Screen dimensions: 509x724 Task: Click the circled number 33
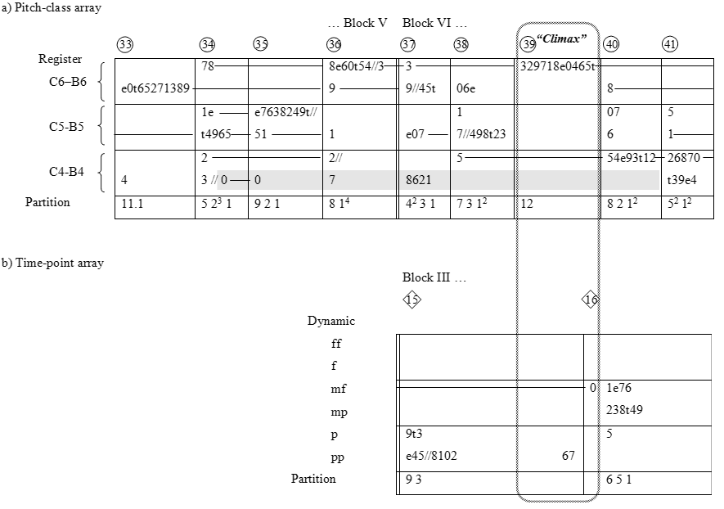tap(125, 44)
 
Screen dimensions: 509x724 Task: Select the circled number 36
tap(334, 44)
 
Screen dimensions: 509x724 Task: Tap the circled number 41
tap(669, 44)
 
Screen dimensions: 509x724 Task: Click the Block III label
tap(434, 277)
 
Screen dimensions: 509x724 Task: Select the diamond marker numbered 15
tap(411, 300)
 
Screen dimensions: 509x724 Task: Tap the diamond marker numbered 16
tap(591, 300)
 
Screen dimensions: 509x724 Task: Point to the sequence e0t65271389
tap(154, 88)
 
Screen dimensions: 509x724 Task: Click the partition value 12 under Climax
tap(527, 203)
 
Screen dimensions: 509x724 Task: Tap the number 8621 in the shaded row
tap(418, 180)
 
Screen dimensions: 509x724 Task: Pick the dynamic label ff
tap(335, 344)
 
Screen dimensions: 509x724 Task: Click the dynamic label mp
tap(338, 412)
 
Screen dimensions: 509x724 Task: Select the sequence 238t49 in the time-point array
tap(623, 410)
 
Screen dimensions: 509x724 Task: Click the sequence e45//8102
tap(431, 457)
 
